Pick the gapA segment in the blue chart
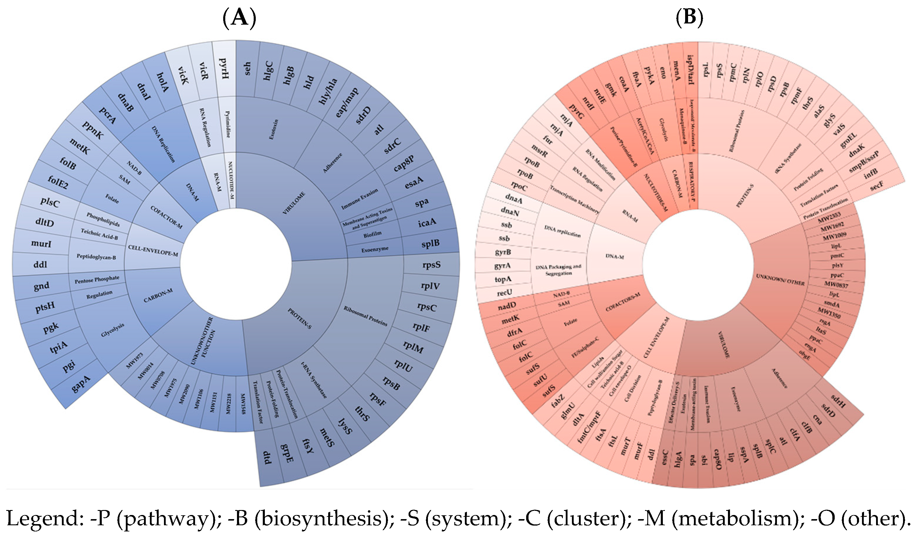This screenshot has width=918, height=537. [81, 384]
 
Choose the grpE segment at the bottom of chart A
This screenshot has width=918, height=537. [287, 453]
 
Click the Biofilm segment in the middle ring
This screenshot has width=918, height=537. [372, 235]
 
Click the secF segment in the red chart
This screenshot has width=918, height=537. [876, 186]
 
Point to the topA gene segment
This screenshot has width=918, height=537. [503, 279]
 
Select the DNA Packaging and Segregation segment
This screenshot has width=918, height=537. [558, 270]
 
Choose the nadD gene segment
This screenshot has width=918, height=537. [507, 306]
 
